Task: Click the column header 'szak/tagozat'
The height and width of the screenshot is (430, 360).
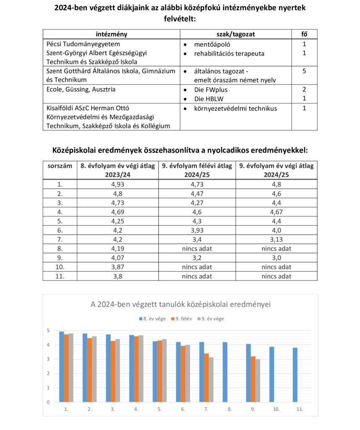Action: click(236, 34)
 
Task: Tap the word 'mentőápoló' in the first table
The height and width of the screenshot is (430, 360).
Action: click(212, 44)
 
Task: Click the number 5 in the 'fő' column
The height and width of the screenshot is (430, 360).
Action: click(304, 71)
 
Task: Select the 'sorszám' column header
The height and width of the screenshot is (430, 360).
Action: click(59, 166)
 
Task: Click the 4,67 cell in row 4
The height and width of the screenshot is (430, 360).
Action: click(277, 212)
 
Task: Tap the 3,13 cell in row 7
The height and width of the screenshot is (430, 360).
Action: click(277, 239)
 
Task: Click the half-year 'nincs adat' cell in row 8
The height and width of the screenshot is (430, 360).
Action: click(198, 249)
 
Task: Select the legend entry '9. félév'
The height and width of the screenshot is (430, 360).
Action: click(181, 319)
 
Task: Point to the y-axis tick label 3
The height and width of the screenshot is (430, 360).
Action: click(48, 359)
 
